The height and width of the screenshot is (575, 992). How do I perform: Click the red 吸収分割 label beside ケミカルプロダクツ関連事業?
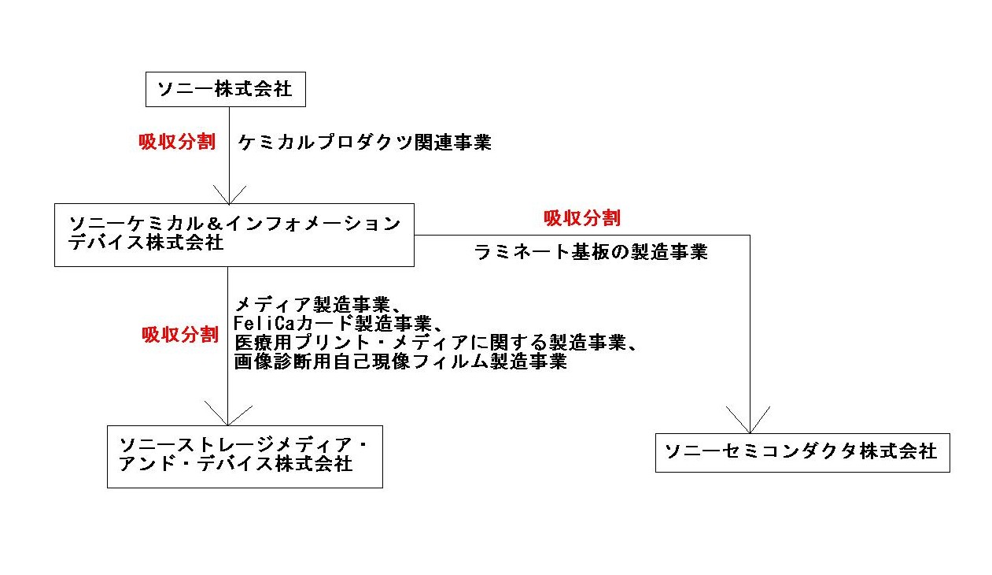[177, 142]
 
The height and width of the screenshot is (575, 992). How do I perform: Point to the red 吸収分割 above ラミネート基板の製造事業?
[582, 218]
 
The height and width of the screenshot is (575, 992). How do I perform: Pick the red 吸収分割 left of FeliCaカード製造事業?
[180, 335]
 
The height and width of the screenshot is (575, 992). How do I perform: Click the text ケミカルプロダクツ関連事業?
[364, 143]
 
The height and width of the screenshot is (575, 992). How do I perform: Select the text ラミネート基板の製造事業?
[591, 252]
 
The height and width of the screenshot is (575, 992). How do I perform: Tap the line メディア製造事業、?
[318, 305]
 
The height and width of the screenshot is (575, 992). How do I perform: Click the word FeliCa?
[264, 323]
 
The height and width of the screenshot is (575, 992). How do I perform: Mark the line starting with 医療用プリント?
[435, 343]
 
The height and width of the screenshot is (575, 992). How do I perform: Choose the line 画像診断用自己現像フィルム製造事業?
[400, 362]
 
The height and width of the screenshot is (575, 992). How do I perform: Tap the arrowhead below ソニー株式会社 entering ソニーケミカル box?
[230, 195]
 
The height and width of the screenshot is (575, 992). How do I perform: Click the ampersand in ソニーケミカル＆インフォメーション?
[214, 224]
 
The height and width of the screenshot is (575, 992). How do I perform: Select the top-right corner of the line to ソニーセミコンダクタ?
[750, 236]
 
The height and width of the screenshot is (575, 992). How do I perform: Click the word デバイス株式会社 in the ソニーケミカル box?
[146, 243]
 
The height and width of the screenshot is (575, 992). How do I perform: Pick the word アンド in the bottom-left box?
[147, 464]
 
